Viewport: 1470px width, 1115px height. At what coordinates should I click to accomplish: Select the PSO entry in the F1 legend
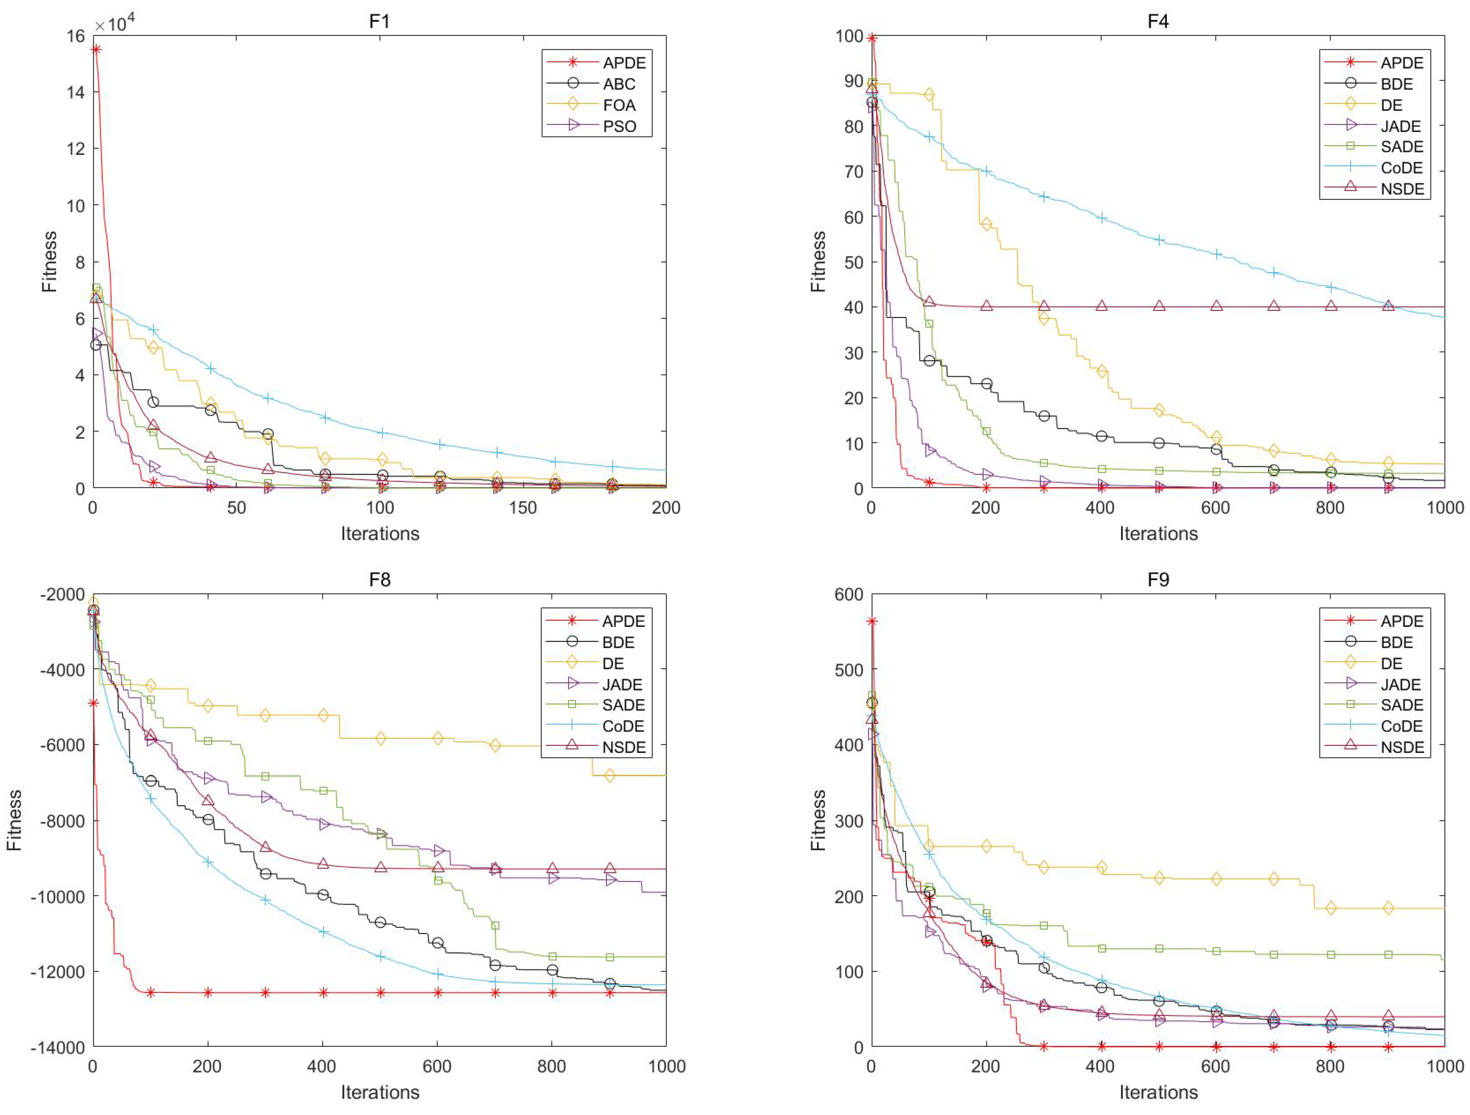pos(619,126)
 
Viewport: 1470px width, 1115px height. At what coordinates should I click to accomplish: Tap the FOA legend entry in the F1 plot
pos(619,105)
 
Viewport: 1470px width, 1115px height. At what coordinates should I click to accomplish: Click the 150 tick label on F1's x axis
pos(523,508)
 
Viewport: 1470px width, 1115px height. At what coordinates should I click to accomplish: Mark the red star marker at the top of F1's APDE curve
pos(96,49)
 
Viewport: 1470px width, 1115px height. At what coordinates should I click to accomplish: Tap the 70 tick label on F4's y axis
pos(853,171)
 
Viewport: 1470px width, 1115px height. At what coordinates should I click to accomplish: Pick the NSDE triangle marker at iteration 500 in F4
pos(1159,306)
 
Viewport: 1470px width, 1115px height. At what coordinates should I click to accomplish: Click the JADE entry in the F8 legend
pos(622,684)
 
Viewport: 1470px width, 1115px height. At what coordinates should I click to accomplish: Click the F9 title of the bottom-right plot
pos(1158,580)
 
